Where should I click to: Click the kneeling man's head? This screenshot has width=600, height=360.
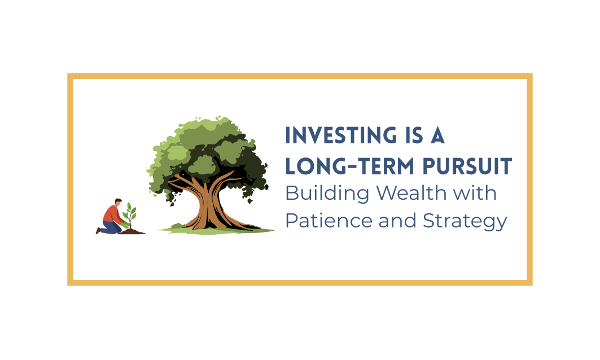(117, 203)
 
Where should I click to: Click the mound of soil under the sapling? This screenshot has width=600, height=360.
(132, 231)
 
